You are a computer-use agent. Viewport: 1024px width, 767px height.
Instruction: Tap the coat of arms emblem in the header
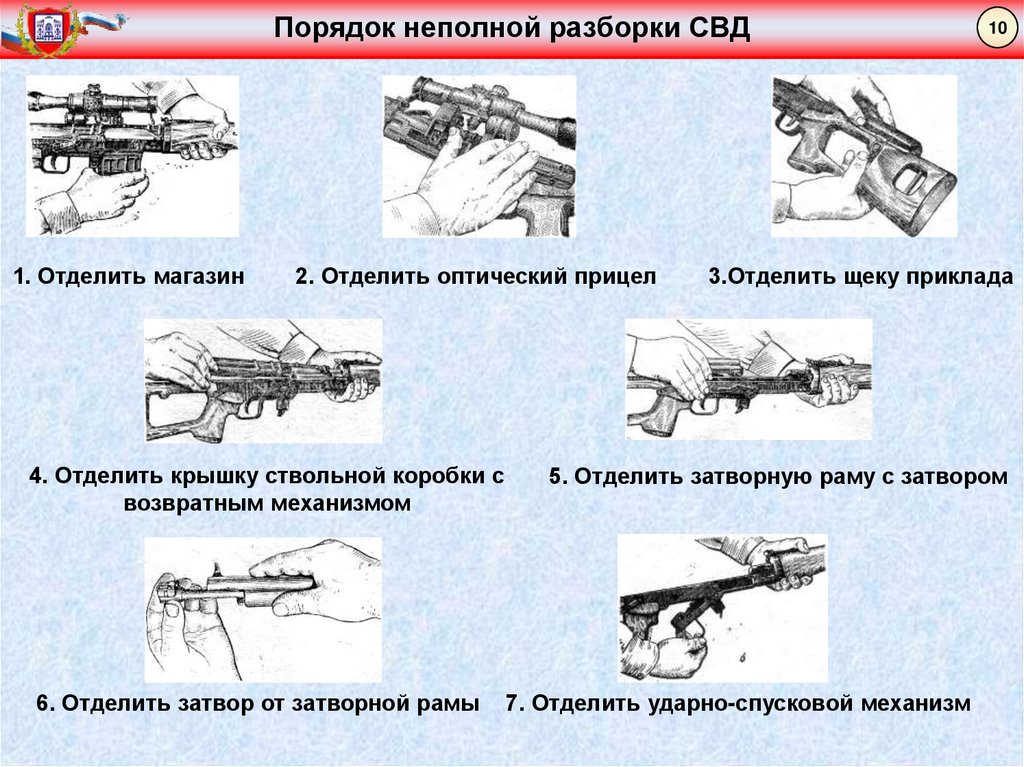tap(47, 30)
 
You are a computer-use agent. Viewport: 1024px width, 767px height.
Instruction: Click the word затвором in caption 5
tap(958, 477)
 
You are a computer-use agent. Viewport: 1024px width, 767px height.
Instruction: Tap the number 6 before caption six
tap(44, 703)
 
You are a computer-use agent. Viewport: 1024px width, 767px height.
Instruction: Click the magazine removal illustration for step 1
tap(132, 156)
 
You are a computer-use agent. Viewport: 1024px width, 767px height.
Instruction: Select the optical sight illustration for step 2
tap(479, 156)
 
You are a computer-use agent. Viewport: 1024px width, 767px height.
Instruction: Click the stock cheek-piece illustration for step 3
tap(864, 156)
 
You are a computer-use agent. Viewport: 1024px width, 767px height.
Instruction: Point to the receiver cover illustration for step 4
tap(263, 380)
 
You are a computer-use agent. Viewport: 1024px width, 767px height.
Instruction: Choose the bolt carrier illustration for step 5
tap(748, 380)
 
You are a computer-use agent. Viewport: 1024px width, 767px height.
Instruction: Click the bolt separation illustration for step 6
tap(263, 609)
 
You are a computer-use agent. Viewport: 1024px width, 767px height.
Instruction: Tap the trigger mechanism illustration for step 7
tap(722, 608)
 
